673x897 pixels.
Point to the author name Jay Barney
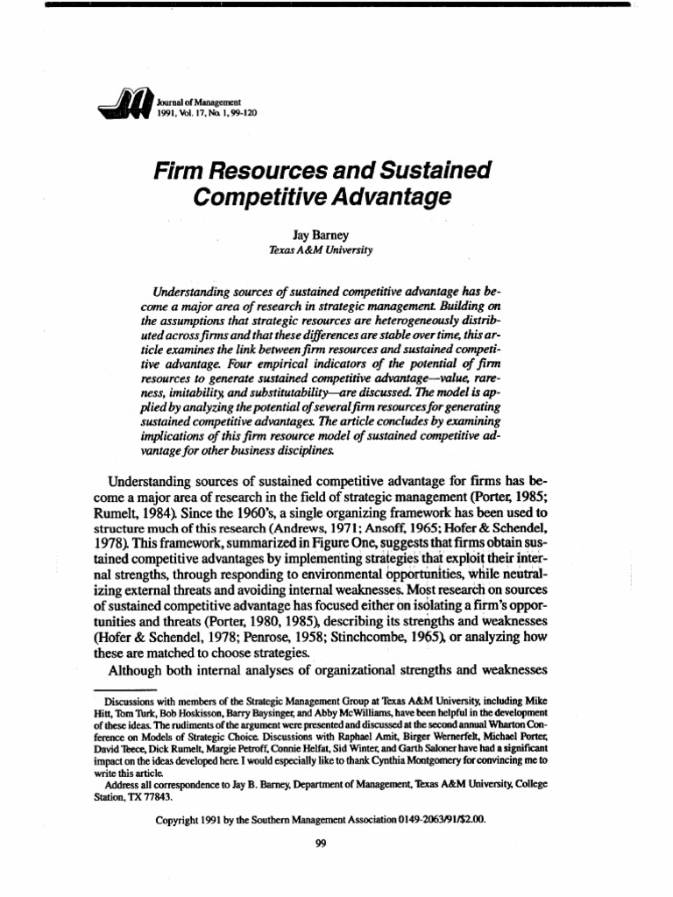click(322, 235)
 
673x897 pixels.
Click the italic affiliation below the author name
click(321, 250)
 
